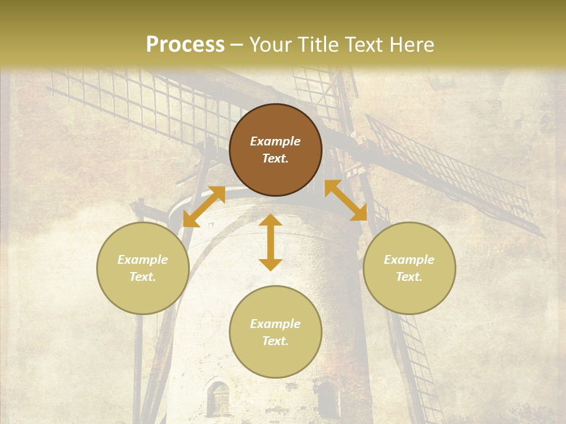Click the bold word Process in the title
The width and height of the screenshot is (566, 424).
185,45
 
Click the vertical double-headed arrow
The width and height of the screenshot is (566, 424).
271,242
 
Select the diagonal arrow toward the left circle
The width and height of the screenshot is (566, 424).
204,207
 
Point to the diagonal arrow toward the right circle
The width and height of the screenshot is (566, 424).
345,200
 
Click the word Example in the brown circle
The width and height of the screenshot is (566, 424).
275,141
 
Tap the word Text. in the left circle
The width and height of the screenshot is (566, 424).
143,277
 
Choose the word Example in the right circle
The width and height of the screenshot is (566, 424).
409,260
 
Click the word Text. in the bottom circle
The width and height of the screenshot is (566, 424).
275,341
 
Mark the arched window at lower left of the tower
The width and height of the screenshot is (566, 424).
218,398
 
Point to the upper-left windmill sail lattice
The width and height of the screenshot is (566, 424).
141,100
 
